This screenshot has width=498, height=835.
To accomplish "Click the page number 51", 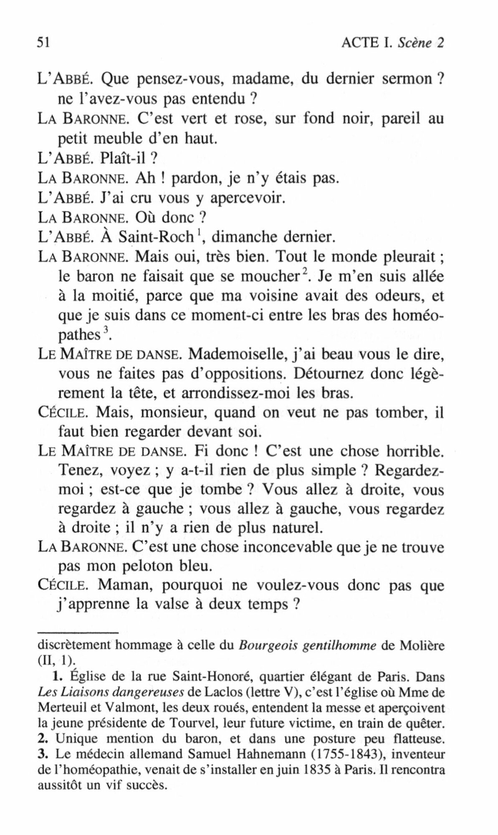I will pyautogui.click(x=44, y=43).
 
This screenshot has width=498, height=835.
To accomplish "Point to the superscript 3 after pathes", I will pyautogui.click(x=106, y=331).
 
